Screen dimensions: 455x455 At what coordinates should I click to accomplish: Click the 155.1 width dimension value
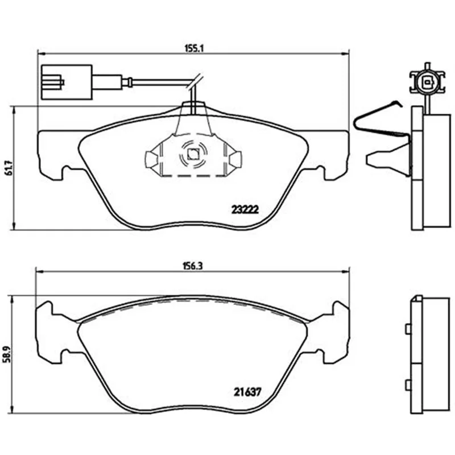click(194, 48)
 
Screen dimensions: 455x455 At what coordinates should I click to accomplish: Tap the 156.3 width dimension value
click(193, 266)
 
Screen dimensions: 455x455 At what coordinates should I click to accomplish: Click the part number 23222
click(245, 209)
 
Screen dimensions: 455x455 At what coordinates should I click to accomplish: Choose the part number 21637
click(247, 392)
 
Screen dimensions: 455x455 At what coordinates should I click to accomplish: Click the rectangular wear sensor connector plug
click(67, 82)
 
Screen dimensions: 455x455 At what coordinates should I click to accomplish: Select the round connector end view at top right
click(427, 81)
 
